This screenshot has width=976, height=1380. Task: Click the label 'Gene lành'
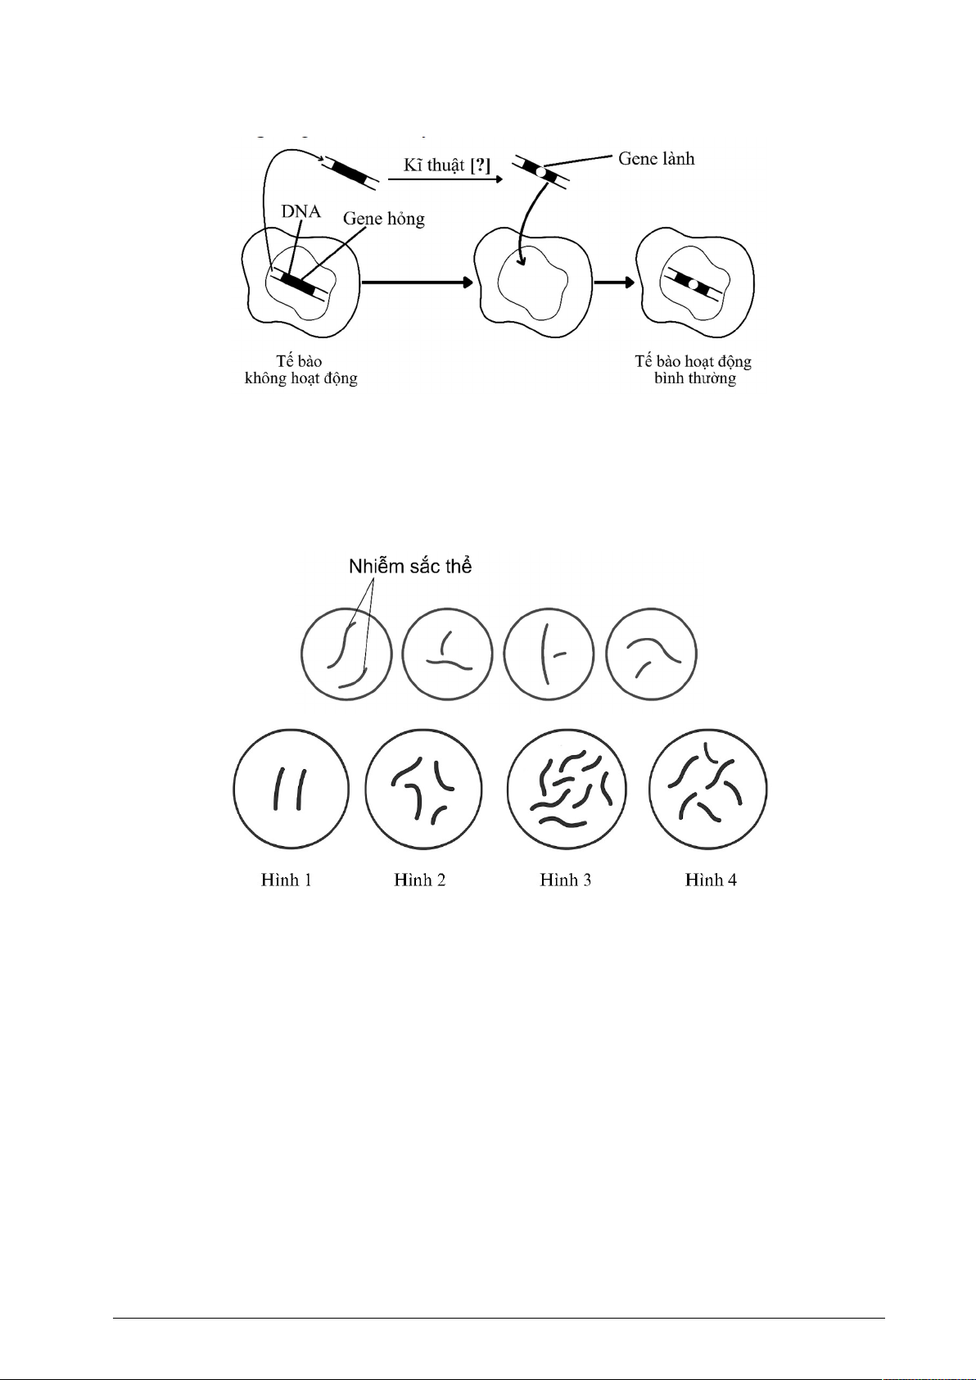(x=656, y=159)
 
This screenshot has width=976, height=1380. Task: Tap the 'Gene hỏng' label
(x=384, y=219)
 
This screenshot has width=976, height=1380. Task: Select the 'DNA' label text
(x=301, y=211)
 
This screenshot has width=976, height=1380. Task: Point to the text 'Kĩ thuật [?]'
(x=447, y=165)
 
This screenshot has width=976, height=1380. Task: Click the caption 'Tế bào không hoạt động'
(x=301, y=369)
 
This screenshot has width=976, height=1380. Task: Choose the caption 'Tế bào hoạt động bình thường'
(x=694, y=369)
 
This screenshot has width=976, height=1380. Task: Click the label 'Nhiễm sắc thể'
(x=410, y=566)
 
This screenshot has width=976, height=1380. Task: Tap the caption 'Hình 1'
(x=287, y=880)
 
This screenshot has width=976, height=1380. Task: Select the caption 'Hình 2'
(x=420, y=880)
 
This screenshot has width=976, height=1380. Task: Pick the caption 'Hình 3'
(x=565, y=880)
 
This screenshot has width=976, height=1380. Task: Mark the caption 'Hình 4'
(x=711, y=880)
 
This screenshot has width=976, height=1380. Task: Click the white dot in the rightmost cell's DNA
(x=693, y=285)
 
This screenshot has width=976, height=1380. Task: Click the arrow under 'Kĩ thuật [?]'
(x=445, y=179)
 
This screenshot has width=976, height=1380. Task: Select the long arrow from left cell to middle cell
(x=418, y=283)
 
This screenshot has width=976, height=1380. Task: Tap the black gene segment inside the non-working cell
(x=296, y=283)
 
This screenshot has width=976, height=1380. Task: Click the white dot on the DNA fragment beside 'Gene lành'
(x=540, y=173)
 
